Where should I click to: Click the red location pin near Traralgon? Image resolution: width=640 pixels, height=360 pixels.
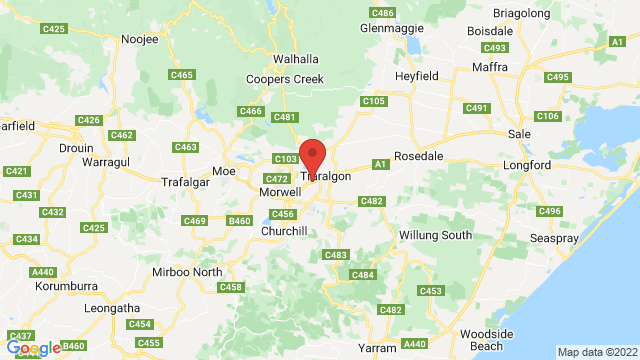tap(314, 158)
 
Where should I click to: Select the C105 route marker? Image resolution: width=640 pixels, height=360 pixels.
tap(374, 101)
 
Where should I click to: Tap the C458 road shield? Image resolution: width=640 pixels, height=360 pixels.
tap(231, 287)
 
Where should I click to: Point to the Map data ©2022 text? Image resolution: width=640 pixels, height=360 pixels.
tap(596, 352)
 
